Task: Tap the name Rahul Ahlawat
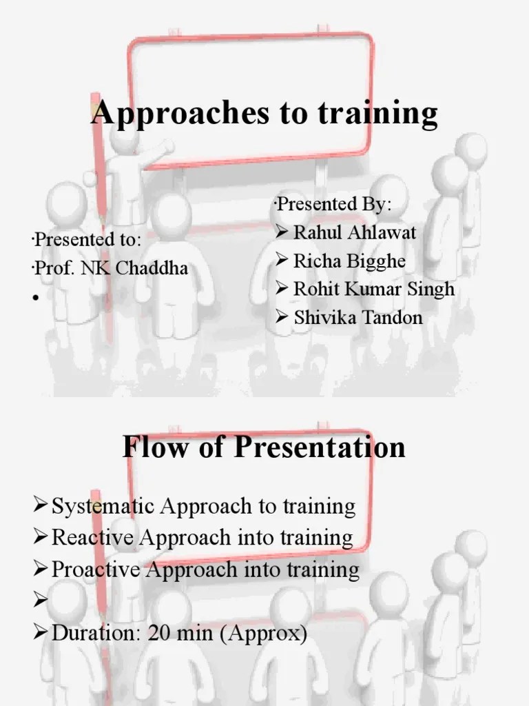pyautogui.click(x=355, y=232)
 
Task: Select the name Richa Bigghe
pyautogui.click(x=349, y=261)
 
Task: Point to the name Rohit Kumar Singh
pyautogui.click(x=374, y=289)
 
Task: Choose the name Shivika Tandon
pyautogui.click(x=358, y=318)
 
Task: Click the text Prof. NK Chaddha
pyautogui.click(x=111, y=268)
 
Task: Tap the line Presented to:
pyautogui.click(x=87, y=240)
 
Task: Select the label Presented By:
pyautogui.click(x=332, y=205)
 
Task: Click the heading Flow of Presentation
pyautogui.click(x=264, y=447)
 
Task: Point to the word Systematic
pyautogui.click(x=104, y=507)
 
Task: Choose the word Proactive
pyautogui.click(x=96, y=569)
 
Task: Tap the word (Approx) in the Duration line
pyautogui.click(x=271, y=633)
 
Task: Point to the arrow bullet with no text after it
pyautogui.click(x=40, y=601)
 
